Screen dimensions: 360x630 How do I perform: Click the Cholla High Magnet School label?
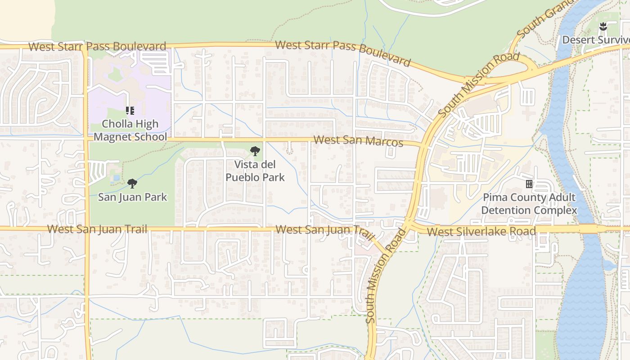130,130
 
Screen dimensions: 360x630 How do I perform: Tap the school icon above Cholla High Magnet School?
130,110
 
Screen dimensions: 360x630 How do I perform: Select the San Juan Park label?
132,197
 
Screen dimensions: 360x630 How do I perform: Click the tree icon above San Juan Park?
132,183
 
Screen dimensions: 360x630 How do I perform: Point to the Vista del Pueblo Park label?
255,171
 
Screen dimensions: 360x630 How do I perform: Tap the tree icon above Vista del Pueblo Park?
255,151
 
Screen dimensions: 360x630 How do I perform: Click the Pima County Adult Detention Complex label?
529,204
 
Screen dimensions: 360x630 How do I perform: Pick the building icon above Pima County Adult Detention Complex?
529,184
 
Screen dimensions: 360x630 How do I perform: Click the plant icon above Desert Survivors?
603,27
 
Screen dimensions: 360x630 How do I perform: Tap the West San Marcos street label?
358,141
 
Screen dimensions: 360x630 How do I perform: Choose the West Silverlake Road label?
481,232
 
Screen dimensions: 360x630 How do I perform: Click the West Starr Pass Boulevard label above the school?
97,46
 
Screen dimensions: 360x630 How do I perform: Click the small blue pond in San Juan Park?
117,178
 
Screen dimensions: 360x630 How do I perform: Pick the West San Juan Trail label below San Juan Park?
97,229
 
